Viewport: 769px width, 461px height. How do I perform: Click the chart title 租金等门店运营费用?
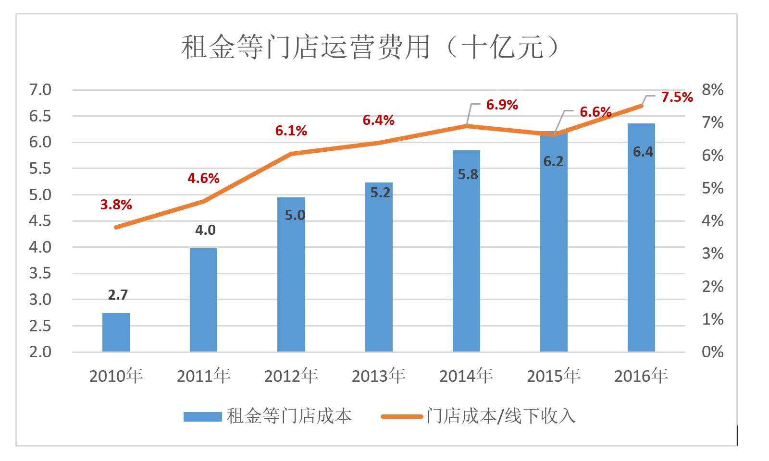point(370,48)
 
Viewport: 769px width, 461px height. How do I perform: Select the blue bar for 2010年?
point(116,332)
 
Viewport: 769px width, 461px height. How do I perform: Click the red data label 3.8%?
point(116,205)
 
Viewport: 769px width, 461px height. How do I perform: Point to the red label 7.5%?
point(677,97)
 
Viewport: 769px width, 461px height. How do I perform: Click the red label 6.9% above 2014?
point(502,105)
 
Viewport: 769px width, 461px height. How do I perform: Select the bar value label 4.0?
point(205,230)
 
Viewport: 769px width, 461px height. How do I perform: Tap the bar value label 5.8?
point(468,174)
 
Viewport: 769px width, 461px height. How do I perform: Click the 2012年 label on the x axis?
point(291,376)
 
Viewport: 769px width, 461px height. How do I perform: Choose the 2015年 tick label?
point(553,376)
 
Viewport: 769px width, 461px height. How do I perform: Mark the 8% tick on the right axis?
point(712,90)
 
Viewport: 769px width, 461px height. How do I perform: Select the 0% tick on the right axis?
point(712,352)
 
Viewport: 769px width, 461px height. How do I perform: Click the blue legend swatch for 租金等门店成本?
point(202,416)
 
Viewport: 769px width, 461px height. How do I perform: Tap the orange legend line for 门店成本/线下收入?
point(401,416)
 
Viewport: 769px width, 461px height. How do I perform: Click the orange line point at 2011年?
point(203,201)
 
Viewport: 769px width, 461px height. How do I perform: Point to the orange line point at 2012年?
point(291,154)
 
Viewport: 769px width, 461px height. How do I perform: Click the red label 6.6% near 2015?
point(595,112)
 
